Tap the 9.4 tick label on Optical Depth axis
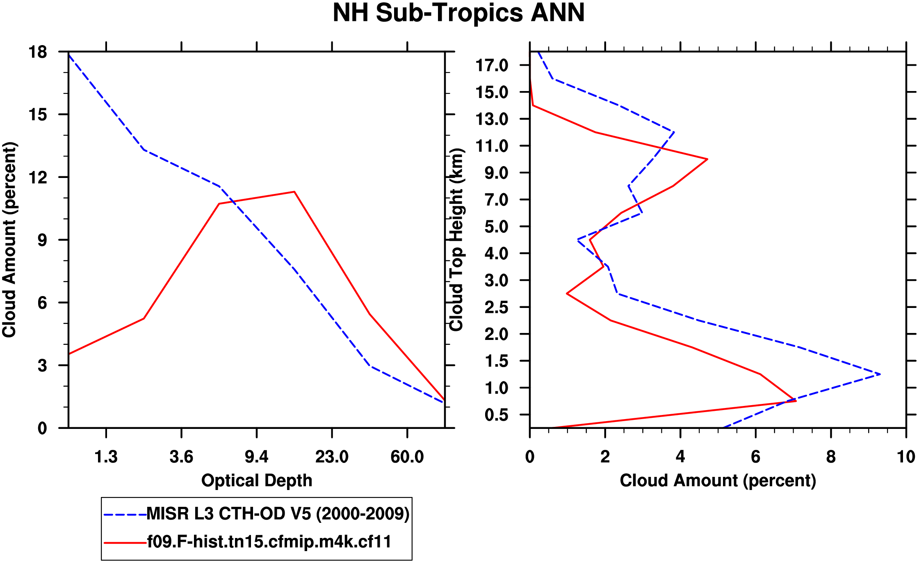click(256, 456)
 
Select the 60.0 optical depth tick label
click(407, 456)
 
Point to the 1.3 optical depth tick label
click(106, 456)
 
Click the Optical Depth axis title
click(257, 480)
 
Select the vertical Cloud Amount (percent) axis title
click(9, 240)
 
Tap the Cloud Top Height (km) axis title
click(456, 240)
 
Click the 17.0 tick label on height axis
click(492, 65)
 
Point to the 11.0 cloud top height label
click(492, 146)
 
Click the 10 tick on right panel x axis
click(906, 456)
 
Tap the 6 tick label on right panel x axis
click(755, 456)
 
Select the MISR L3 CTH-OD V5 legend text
click(278, 513)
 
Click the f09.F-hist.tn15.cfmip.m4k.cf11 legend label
click(269, 542)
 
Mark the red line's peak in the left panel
click(294, 192)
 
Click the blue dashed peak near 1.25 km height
click(880, 374)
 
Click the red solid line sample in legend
click(125, 542)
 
